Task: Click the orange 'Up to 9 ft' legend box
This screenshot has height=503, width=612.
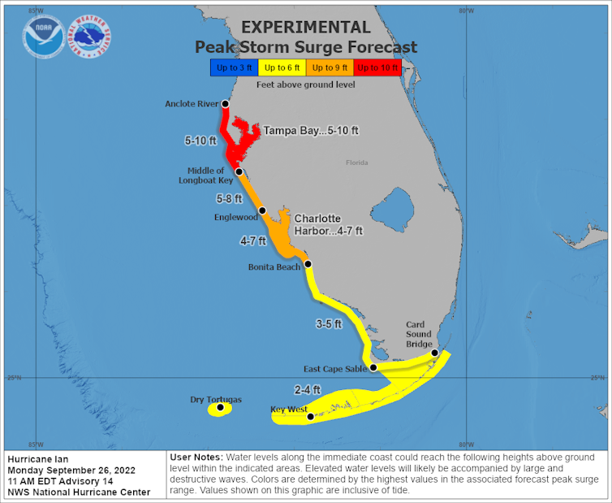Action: (x=330, y=67)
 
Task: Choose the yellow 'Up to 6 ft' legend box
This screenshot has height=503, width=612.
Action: (x=281, y=67)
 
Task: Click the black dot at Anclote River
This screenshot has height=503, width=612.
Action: (x=226, y=105)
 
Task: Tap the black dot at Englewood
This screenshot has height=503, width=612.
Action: (x=262, y=210)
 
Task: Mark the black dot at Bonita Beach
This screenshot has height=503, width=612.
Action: (x=308, y=264)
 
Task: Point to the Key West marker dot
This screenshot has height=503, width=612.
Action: (x=310, y=417)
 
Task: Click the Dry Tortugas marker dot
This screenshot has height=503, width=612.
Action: (x=220, y=407)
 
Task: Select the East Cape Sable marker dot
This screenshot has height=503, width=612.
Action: (x=373, y=367)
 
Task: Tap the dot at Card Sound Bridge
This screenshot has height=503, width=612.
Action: (x=435, y=353)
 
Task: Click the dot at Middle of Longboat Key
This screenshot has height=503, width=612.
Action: (x=239, y=172)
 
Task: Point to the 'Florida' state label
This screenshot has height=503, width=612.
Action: (x=357, y=163)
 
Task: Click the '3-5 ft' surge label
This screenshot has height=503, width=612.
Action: (x=329, y=323)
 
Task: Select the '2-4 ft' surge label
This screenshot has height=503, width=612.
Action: (x=307, y=389)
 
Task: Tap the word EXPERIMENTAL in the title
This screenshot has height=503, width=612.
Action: (x=306, y=28)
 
